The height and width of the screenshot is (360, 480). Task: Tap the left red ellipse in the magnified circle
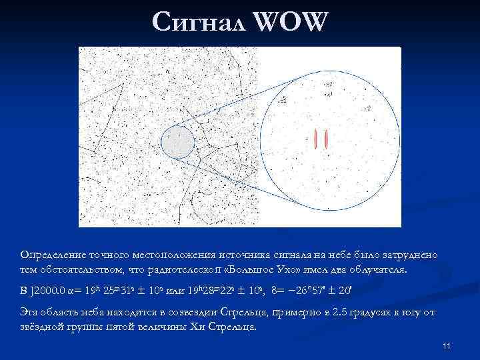(x=315, y=139)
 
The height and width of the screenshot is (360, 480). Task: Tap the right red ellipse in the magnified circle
(x=326, y=139)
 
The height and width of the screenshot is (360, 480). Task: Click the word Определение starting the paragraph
(x=52, y=256)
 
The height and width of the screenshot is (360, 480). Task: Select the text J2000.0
(x=49, y=291)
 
